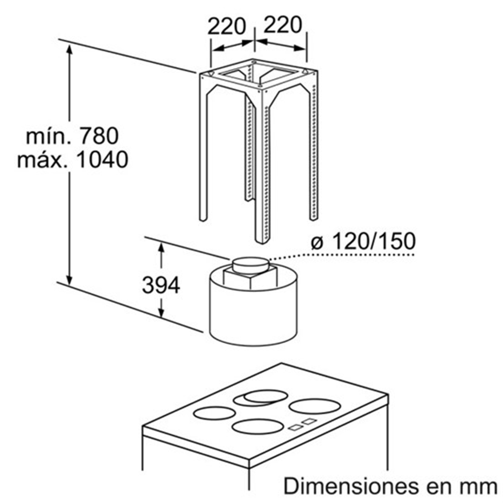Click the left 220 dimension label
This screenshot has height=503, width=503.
tap(226, 26)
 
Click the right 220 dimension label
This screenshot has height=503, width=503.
tap(282, 25)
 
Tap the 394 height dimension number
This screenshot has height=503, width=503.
tap(161, 285)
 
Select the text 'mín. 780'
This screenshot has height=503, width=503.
tap(72, 136)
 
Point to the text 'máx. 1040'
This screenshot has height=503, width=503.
tap(73, 160)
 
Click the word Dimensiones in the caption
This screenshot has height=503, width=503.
tap(351, 485)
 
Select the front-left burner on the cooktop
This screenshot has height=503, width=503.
tap(214, 413)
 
